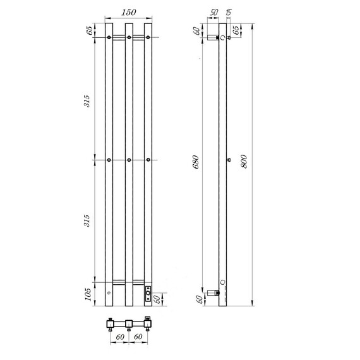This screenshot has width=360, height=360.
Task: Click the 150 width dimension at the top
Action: coord(129,13)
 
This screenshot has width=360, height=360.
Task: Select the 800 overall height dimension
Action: coord(244,162)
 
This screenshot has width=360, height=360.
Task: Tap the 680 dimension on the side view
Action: coord(196,162)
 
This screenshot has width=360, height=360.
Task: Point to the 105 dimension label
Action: coord(88,294)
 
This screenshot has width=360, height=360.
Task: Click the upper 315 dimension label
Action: coord(87,101)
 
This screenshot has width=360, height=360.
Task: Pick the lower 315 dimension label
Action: coord(87,220)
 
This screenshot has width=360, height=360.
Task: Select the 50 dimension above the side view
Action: coord(213,13)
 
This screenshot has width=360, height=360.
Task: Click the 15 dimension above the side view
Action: coord(229,13)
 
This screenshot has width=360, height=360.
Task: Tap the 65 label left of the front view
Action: coord(90,30)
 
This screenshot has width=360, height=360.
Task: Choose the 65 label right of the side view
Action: coord(236,30)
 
